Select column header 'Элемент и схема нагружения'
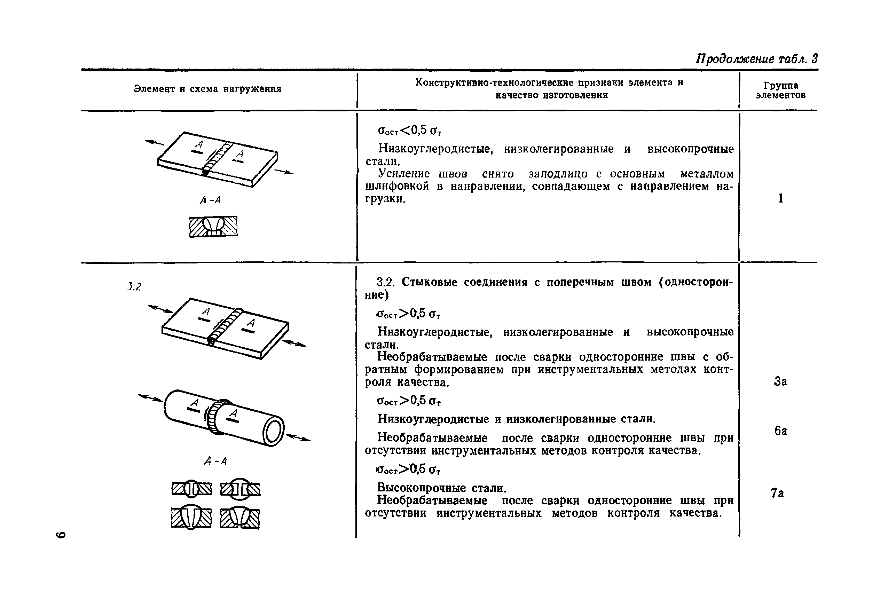[x=207, y=89]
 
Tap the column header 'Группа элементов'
[x=780, y=90]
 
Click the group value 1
[x=780, y=198]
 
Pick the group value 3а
[x=780, y=381]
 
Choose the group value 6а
[x=780, y=431]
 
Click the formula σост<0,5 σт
[x=410, y=131]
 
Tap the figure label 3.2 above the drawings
[x=134, y=287]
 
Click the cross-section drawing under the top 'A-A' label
[x=213, y=227]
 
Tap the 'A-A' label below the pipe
[x=215, y=461]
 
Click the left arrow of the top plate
[x=155, y=142]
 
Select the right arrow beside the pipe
[x=299, y=438]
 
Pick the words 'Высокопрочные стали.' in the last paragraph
[x=442, y=488]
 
